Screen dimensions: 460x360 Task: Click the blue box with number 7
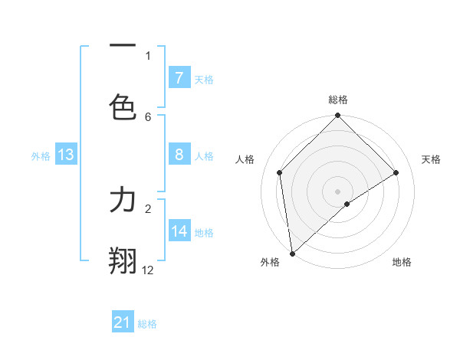click(179, 78)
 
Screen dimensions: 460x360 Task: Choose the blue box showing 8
click(179, 155)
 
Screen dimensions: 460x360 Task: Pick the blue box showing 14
click(179, 231)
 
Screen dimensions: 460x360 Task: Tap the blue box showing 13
click(66, 155)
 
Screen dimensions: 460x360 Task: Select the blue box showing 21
click(123, 322)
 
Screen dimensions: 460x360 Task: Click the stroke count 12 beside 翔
click(148, 270)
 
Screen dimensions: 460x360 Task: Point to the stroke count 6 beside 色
click(148, 116)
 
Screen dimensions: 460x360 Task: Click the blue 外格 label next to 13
click(41, 155)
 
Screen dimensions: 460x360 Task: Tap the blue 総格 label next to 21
click(147, 324)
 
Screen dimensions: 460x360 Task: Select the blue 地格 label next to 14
click(204, 232)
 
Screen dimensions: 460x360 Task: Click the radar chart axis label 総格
click(338, 100)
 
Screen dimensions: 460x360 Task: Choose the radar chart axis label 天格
click(431, 159)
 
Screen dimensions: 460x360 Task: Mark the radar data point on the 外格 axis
click(292, 254)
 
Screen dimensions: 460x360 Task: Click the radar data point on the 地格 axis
click(347, 204)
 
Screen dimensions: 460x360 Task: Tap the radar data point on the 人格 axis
click(280, 172)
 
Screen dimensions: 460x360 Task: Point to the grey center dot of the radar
click(338, 191)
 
